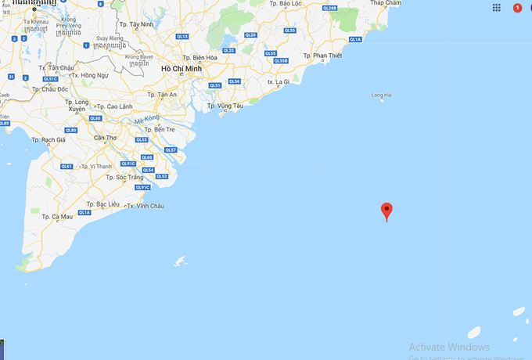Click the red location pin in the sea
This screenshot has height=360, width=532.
(386, 211)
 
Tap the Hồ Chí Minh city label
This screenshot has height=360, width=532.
(182, 69)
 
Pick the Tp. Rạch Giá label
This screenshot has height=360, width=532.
(49, 140)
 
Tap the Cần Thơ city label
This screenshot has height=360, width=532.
(105, 139)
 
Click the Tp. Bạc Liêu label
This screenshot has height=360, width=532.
(102, 203)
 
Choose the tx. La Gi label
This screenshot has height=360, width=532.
(279, 81)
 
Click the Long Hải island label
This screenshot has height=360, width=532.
(381, 95)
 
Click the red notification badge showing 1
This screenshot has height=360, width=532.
(518, 8)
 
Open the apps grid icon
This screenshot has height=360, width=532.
(497, 8)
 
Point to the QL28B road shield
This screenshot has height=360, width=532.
(329, 8)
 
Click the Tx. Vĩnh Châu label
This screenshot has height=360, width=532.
(149, 206)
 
